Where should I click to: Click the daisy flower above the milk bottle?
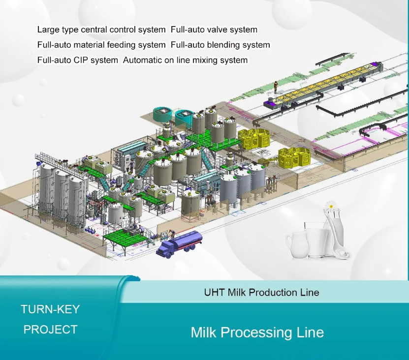(x=331, y=206)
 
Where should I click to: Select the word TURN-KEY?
(x=50, y=309)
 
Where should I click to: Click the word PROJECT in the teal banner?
(x=50, y=330)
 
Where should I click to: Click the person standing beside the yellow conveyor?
(x=276, y=88)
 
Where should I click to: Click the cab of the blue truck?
(x=165, y=248)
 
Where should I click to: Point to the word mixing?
(x=205, y=60)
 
